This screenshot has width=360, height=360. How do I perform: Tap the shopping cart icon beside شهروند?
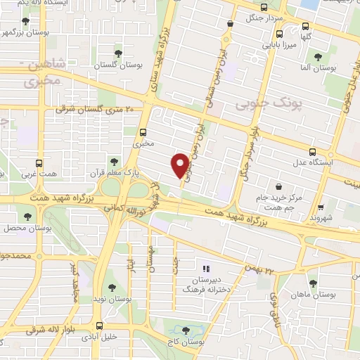[321, 207]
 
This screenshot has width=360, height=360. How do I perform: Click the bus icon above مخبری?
[143, 131]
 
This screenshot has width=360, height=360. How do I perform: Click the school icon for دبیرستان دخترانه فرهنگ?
[206, 268]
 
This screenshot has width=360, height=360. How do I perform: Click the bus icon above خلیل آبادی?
[98, 326]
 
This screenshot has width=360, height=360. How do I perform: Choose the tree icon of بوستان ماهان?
[313, 283]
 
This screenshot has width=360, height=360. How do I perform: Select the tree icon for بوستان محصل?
[27, 217]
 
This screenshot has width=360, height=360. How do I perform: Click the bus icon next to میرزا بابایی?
[280, 33]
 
